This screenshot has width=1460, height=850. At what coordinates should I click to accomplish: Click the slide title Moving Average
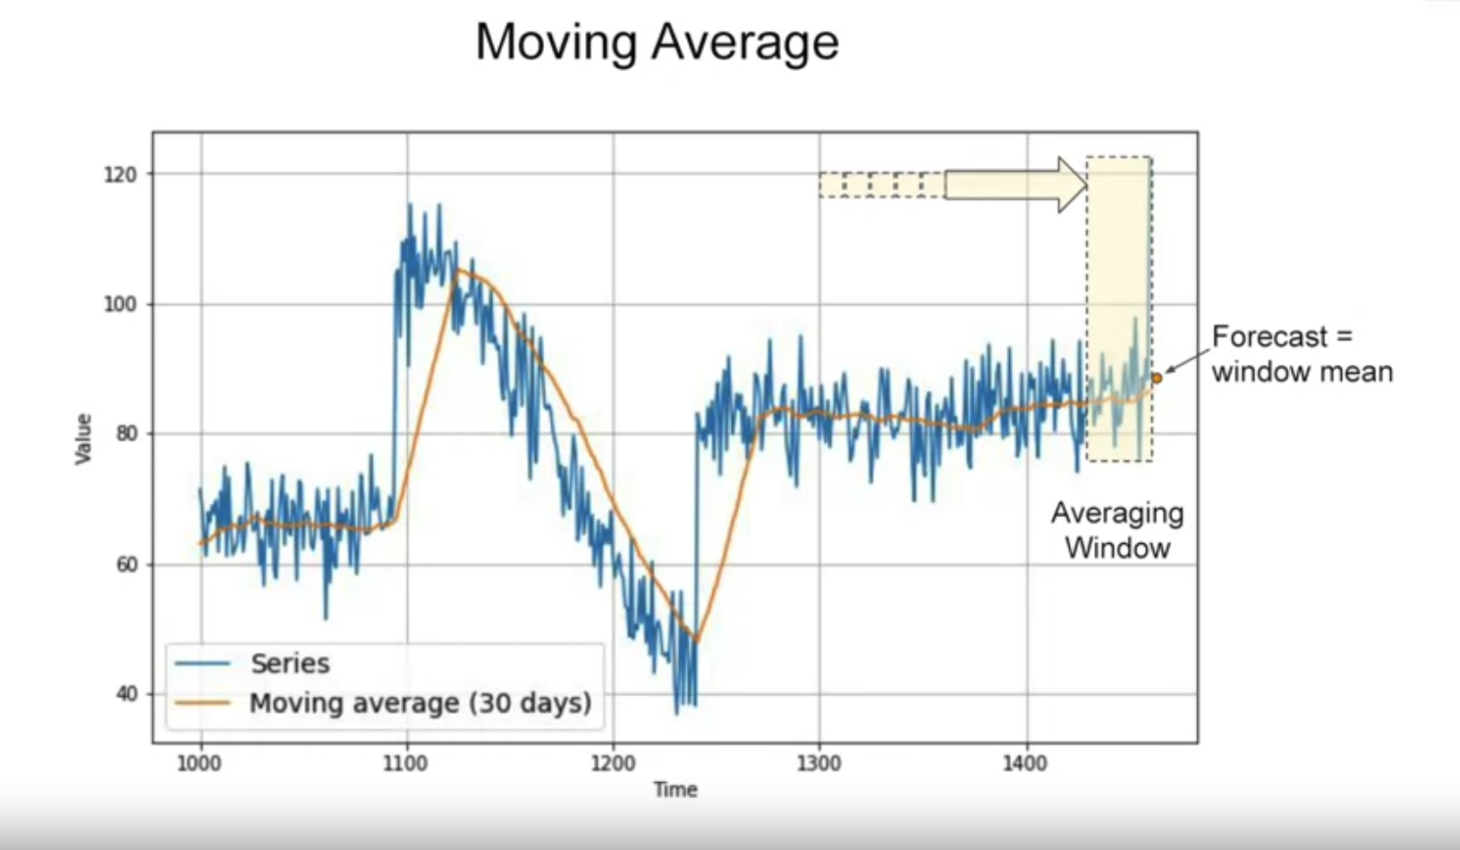tap(657, 42)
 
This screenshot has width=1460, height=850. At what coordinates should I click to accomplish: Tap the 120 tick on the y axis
tap(121, 174)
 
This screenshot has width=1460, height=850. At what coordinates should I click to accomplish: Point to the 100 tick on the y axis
tap(121, 304)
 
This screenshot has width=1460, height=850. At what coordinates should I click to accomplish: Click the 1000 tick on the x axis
tap(199, 764)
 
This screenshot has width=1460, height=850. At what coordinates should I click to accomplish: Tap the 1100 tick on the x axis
tap(406, 764)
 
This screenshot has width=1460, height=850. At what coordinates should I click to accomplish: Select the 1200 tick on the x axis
tap(613, 764)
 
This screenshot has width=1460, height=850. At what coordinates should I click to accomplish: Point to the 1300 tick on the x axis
tap(819, 764)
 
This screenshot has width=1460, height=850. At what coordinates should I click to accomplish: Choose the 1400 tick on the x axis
tap(1025, 764)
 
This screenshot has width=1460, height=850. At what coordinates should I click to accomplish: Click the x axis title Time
tap(675, 789)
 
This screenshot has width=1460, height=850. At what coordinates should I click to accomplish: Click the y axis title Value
tap(83, 438)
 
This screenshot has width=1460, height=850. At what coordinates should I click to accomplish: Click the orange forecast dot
tap(1156, 378)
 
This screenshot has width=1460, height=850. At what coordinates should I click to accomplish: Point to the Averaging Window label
tap(1117, 531)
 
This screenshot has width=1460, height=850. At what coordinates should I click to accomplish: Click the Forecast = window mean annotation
tap(1302, 354)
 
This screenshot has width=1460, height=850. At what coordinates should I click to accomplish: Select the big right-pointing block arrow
tap(1016, 184)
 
